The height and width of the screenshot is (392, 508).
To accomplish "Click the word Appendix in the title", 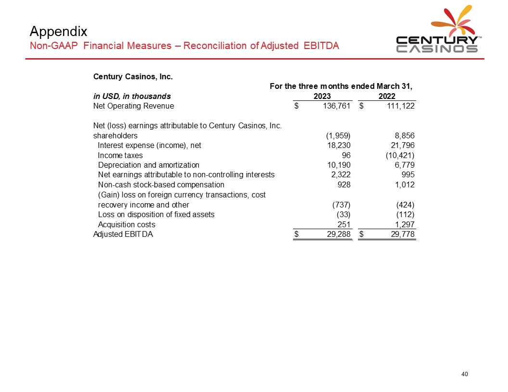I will click(x=58, y=32).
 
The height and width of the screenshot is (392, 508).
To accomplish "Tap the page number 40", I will click(x=465, y=375).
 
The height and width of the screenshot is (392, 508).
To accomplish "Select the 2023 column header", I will click(x=322, y=96).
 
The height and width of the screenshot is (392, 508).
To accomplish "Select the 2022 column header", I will click(x=387, y=96).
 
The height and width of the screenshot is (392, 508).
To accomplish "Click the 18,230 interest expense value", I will click(x=339, y=145).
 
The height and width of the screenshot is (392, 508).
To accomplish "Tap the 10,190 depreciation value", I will click(x=339, y=165).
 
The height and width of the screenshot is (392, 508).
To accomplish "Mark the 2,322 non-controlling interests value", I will click(x=340, y=175).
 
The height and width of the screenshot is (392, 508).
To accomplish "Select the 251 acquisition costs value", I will click(x=344, y=224).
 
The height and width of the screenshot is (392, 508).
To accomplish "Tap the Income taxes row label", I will click(x=120, y=155).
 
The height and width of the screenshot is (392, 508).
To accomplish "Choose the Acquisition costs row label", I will click(x=127, y=224).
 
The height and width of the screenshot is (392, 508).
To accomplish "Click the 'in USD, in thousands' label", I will click(x=132, y=96).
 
